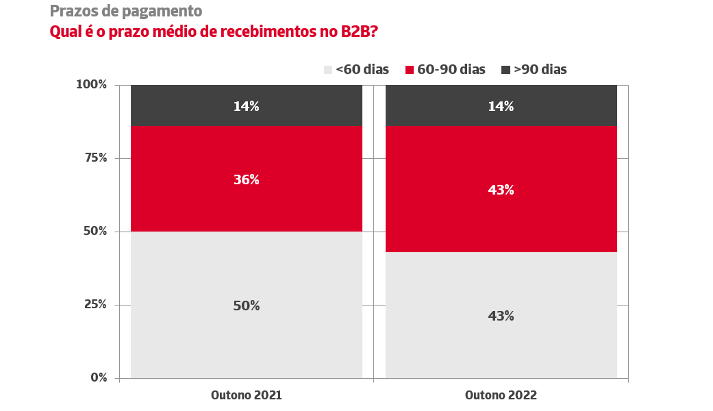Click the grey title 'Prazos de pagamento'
coord(126,11)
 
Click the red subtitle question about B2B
coord(214,32)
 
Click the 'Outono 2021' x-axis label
coord(246,395)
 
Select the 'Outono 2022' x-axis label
coord(501,395)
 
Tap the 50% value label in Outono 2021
coord(246,306)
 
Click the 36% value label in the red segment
coord(246,179)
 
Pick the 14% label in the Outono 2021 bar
coord(246,106)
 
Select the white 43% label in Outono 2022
coord(501,190)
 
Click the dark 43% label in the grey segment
coord(501,316)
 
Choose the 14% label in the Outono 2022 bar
coord(501,106)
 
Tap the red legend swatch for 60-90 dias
coord(410,69)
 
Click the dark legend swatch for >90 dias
coord(506,69)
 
